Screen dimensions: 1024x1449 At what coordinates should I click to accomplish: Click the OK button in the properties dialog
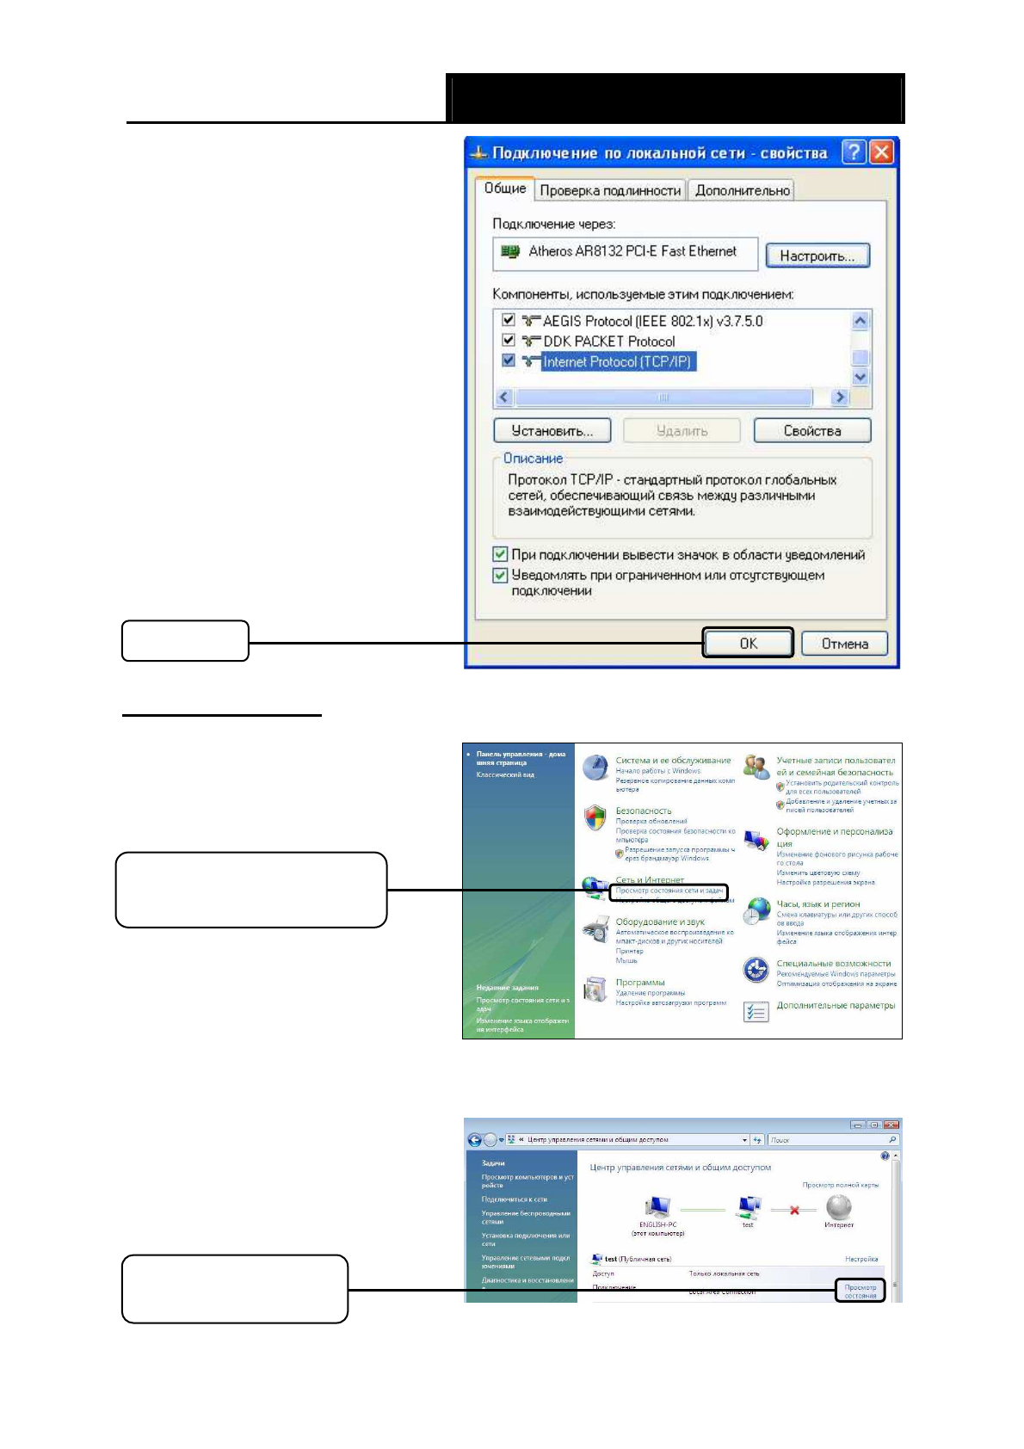coord(748,643)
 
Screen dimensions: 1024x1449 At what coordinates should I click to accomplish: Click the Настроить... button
coord(817,256)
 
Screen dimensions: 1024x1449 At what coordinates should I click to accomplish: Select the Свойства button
coord(811,430)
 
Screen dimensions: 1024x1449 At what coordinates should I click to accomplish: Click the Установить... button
coord(552,430)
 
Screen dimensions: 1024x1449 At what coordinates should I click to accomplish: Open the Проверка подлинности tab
coord(610,190)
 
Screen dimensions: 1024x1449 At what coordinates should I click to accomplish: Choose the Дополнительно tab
coord(742,190)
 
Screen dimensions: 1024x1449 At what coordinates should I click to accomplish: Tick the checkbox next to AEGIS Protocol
coord(509,320)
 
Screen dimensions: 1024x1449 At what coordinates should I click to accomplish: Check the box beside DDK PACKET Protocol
coord(509,341)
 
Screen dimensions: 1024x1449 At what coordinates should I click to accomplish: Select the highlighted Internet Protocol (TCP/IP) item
coord(616,362)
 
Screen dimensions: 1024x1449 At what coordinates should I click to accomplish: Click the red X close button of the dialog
coord(881,152)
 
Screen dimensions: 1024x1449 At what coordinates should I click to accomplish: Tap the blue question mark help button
coord(853,152)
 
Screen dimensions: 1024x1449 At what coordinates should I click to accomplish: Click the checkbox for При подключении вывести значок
coord(500,554)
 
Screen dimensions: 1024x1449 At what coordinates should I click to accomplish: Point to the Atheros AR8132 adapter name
coord(632,251)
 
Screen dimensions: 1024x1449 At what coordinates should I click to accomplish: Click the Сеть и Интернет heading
coord(649,879)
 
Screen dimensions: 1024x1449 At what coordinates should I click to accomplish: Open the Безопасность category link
coord(643,811)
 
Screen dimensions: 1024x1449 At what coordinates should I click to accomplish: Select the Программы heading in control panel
coord(639,982)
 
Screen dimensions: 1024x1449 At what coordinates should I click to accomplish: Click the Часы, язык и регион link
coord(817,903)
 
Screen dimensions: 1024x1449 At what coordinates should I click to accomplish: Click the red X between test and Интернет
coord(794,1210)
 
